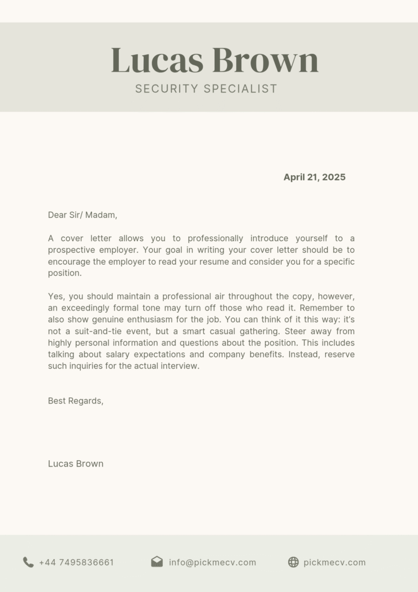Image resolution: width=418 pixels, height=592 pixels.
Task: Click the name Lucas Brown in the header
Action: (214, 61)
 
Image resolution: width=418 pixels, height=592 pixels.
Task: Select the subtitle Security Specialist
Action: (206, 88)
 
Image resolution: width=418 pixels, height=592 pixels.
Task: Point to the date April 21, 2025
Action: (314, 177)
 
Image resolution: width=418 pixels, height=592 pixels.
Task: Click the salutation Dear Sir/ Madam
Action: (83, 215)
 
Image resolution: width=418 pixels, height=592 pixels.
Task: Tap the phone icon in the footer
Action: (28, 562)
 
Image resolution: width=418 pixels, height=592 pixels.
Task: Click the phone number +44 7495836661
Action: (76, 563)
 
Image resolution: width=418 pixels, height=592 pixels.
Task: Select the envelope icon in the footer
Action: (156, 562)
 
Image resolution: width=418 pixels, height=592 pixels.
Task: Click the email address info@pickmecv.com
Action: (212, 563)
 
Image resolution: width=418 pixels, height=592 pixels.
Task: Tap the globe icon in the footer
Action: (293, 562)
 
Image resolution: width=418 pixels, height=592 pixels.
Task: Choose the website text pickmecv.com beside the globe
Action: (334, 563)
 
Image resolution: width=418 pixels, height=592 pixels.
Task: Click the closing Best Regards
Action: (76, 401)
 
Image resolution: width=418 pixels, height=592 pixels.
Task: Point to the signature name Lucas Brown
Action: (76, 464)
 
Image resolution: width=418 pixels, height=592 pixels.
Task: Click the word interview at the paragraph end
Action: (180, 366)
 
